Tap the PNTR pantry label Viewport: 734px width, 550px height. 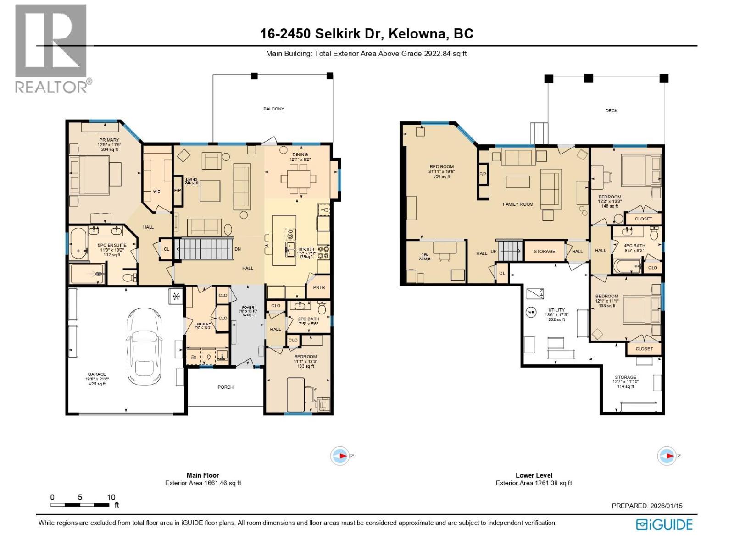319,287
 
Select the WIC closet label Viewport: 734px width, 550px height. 157,192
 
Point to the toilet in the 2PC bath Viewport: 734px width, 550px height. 322,308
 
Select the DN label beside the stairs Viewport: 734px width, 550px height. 238,249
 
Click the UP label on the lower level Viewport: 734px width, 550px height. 494,251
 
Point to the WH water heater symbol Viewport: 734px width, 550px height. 531,312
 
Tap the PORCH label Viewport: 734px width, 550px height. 225,387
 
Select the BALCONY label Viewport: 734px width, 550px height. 273,109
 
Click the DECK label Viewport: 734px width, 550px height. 611,110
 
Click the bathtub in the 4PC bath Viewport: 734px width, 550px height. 628,266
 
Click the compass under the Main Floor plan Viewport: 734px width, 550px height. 340,456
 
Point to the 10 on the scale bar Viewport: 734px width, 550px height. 111,497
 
